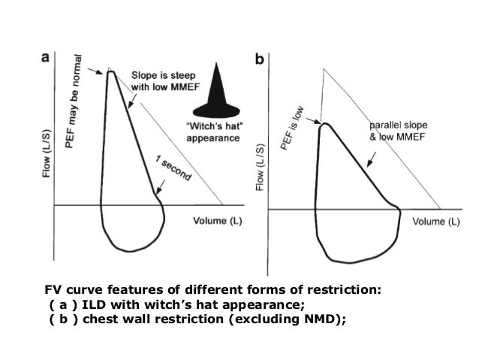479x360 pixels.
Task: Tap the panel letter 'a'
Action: pyautogui.click(x=45, y=57)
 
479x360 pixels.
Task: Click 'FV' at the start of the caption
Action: pyautogui.click(x=50, y=290)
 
